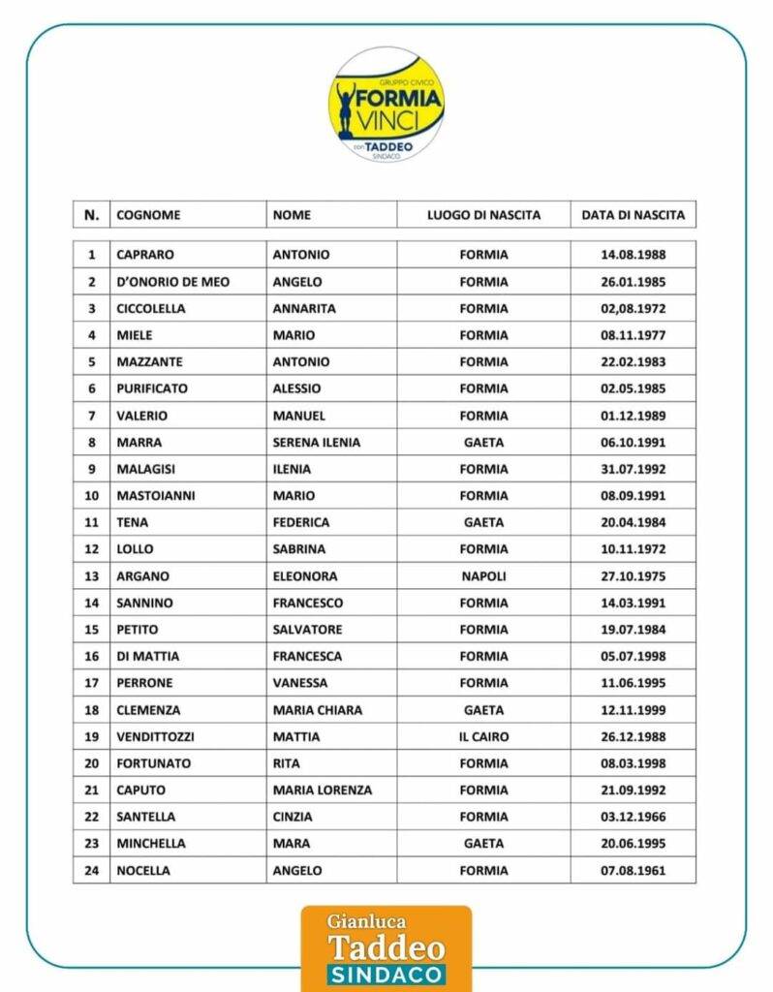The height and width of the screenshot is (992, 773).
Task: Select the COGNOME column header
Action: [148, 215]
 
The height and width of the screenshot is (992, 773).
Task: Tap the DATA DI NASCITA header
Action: [633, 215]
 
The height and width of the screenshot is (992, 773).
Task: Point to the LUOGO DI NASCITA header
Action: [483, 215]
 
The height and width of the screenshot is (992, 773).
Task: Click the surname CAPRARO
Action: [145, 255]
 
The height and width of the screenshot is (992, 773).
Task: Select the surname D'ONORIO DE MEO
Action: [172, 282]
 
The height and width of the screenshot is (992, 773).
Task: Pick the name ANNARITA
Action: [304, 309]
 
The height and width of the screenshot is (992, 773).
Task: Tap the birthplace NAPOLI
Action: [483, 576]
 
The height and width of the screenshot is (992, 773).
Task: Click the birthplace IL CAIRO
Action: [483, 737]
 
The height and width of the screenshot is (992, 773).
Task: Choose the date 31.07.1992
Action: [633, 469]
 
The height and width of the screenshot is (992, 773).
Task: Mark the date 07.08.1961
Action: [633, 871]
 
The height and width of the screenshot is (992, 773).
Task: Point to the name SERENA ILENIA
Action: [316, 443]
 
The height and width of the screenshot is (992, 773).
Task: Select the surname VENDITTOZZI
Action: [155, 737]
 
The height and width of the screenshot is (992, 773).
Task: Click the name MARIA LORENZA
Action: [322, 790]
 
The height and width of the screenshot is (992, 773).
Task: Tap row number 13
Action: [92, 576]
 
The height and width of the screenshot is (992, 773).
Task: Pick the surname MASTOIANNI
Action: [155, 496]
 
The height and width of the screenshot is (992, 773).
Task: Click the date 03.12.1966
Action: [633, 818]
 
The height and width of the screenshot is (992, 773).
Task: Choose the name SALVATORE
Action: [307, 630]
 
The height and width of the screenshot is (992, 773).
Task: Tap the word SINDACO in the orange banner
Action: [386, 975]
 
